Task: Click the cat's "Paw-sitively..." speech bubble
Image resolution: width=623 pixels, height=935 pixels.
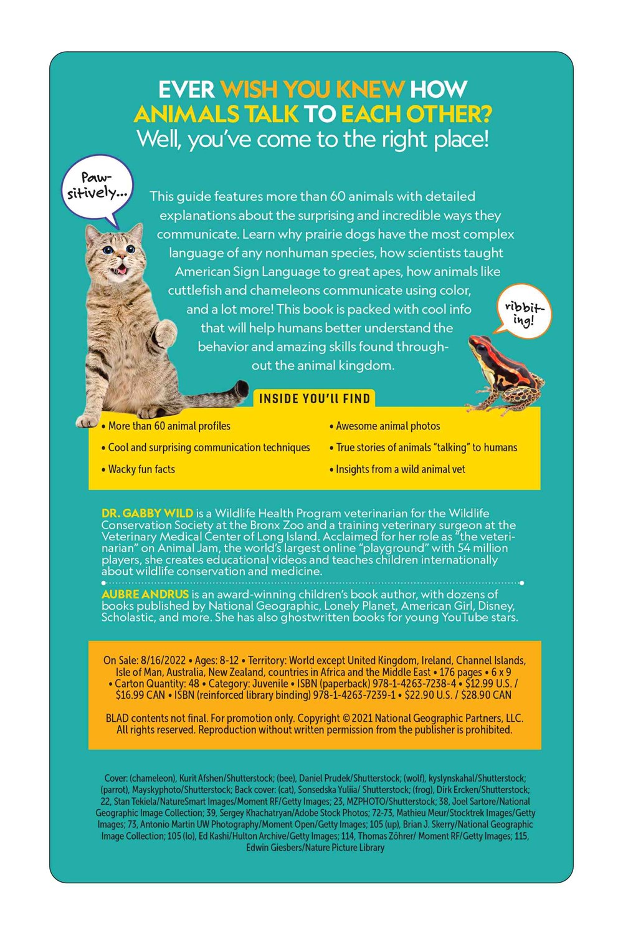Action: (97, 186)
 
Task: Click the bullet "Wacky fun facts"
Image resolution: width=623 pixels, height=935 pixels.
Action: (141, 469)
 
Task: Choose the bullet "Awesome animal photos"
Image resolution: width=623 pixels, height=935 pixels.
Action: (388, 426)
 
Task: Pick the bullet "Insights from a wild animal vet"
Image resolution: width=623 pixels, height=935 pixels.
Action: (400, 469)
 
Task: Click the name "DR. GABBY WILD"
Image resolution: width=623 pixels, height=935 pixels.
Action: (147, 514)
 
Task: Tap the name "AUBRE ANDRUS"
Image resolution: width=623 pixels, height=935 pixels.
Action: (145, 594)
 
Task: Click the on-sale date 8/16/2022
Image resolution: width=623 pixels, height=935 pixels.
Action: (163, 661)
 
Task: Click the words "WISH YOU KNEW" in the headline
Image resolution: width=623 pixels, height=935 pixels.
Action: (312, 90)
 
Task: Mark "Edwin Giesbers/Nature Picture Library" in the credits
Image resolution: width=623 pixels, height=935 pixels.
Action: (315, 848)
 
